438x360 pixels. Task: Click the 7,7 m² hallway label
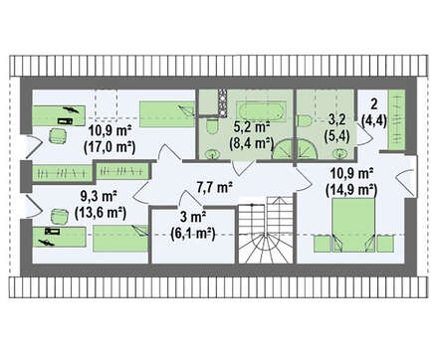click(214, 187)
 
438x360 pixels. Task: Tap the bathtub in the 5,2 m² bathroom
click(261, 110)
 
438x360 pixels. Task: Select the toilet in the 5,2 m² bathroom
click(211, 126)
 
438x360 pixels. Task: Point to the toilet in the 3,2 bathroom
click(304, 120)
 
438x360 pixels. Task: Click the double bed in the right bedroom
click(353, 225)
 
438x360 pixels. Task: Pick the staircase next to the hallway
click(266, 230)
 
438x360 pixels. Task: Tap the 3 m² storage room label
click(193, 218)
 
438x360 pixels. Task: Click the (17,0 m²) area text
click(109, 146)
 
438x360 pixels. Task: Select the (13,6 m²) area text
click(101, 212)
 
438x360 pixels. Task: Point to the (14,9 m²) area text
click(351, 189)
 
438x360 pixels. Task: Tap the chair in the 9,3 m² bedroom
click(60, 216)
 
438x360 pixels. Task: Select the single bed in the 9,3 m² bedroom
click(120, 239)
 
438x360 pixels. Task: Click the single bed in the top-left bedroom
click(166, 114)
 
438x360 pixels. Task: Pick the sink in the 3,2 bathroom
click(339, 154)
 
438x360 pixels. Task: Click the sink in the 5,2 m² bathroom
click(211, 154)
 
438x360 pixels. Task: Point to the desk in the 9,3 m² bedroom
click(60, 237)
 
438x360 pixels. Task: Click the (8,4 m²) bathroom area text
click(251, 143)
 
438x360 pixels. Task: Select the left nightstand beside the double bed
click(322, 244)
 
